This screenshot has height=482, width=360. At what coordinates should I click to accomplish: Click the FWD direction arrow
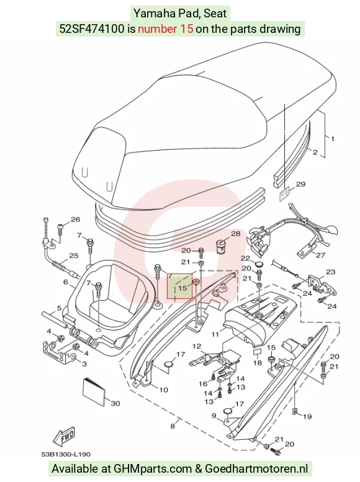[x=65, y=437]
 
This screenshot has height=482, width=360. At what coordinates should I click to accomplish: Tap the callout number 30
[x=115, y=403]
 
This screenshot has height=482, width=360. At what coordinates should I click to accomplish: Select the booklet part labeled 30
[x=94, y=390]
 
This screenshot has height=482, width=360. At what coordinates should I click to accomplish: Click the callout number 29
[x=300, y=184]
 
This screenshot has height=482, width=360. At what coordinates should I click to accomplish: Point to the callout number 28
[x=236, y=233]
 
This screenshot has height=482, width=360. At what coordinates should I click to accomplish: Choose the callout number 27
[x=321, y=255]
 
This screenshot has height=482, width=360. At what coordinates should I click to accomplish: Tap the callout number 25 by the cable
[x=74, y=256]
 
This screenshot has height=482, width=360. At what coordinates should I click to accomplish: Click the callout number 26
[x=75, y=219]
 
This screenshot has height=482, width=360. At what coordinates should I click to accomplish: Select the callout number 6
[x=66, y=282]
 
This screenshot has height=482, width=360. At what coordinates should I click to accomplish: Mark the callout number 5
[x=59, y=308]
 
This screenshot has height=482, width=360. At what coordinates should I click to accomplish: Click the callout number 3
[x=84, y=364]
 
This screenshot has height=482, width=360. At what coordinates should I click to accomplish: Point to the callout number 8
[x=173, y=426]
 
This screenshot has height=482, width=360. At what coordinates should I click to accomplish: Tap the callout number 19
[x=307, y=416]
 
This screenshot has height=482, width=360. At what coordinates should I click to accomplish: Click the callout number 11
[x=215, y=334]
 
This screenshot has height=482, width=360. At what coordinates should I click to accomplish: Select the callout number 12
[x=197, y=346]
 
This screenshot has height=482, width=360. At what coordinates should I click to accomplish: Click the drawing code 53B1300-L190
[x=66, y=454]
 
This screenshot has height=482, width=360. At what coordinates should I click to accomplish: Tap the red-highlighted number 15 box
[x=180, y=286]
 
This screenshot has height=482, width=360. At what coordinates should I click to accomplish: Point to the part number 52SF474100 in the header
[x=92, y=29]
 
